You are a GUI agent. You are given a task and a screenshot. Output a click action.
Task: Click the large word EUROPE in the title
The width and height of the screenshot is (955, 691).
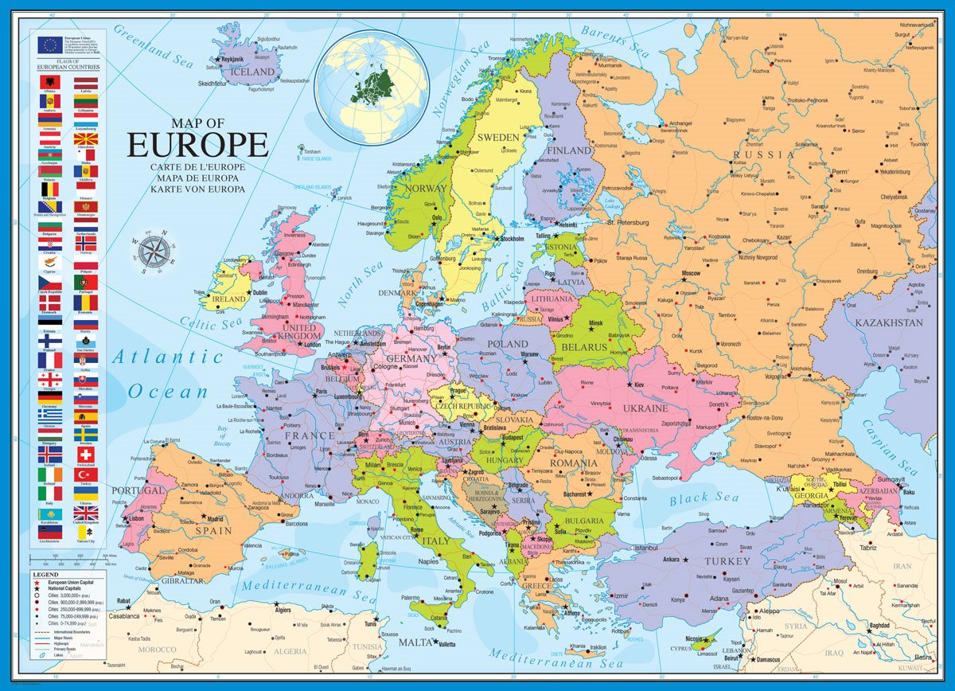point(197,146)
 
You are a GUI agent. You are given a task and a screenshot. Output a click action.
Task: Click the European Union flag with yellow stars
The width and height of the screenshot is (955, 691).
point(49,45)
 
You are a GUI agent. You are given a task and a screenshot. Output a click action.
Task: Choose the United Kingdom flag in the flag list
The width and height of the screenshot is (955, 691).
point(86,513)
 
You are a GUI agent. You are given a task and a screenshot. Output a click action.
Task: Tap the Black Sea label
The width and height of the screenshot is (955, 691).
point(704,499)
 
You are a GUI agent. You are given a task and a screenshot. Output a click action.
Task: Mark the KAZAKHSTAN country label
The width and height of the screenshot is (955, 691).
point(889,323)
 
